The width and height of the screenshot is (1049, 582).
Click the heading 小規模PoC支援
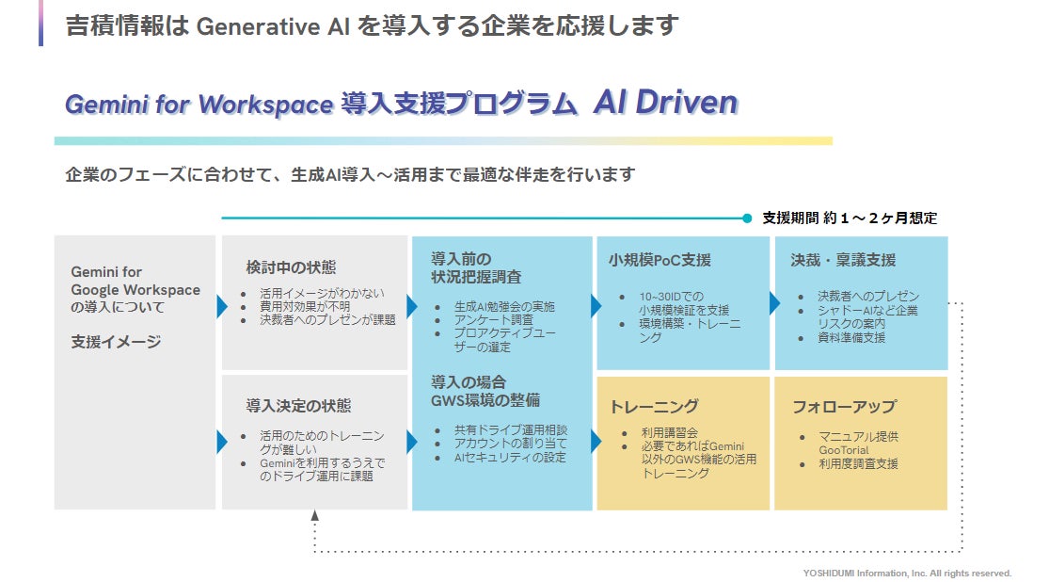[660, 260]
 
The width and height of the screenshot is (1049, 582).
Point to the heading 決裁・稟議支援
[843, 260]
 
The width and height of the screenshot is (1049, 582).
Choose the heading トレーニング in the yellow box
[654, 407]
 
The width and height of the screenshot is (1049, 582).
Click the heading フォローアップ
[844, 407]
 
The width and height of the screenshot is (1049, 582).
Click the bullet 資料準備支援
[851, 338]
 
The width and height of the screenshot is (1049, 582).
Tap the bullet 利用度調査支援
[858, 463]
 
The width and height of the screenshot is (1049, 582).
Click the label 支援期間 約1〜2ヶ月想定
[849, 218]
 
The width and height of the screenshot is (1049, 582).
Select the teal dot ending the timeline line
[747, 218]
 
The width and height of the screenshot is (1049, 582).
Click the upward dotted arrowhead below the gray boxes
[315, 516]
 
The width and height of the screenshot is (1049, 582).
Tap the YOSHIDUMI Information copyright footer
[907, 573]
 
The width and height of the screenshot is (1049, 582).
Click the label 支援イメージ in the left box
[116, 342]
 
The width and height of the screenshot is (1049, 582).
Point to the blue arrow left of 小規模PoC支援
[596, 304]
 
